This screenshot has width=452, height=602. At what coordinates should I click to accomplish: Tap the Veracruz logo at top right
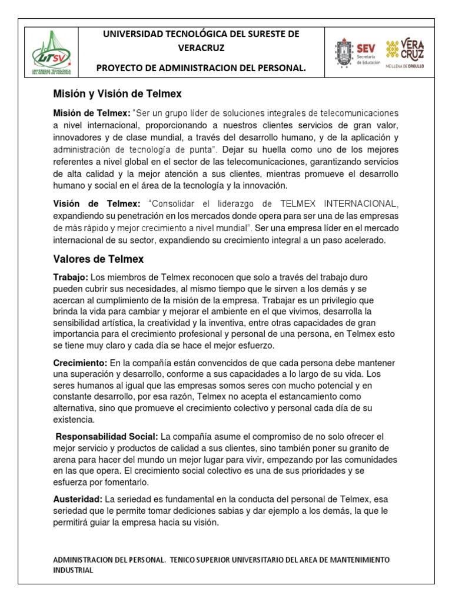[404, 53]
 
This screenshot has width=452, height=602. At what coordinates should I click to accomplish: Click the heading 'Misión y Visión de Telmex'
[115, 94]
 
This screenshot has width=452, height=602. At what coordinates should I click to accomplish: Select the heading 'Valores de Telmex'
[98, 259]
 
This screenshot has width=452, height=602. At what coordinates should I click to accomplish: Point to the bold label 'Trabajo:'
[71, 276]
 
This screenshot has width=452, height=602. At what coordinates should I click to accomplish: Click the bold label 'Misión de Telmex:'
[91, 112]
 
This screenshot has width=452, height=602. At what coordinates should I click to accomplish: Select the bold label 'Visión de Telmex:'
[97, 203]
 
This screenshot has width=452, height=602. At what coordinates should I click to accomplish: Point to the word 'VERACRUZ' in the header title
[201, 48]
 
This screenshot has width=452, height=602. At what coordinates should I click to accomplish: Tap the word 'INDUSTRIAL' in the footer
[73, 570]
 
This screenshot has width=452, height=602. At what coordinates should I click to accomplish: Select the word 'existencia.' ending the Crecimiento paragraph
[73, 420]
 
